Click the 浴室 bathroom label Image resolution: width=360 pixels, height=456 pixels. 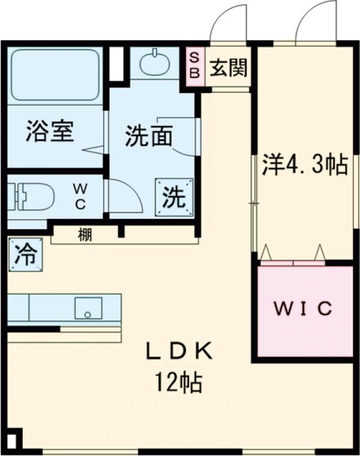[49, 131]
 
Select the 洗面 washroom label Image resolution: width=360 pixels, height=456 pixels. [148, 136]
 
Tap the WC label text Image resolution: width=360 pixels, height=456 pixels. [80, 196]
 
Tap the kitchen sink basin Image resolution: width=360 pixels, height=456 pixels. [88, 309]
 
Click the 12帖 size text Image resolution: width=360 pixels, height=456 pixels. [179, 382]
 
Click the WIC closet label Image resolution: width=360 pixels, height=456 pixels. [303, 308]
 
